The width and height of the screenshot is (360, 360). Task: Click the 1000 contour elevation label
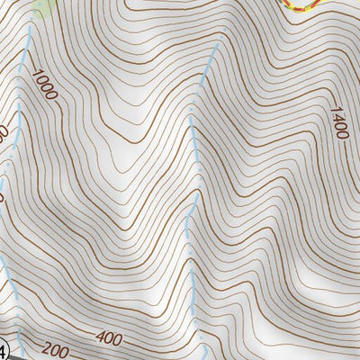[42, 91]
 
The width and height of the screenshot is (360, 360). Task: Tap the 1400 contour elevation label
[338, 122]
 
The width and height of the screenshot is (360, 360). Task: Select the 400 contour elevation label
[107, 339]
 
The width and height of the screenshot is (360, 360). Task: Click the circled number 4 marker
[3, 349]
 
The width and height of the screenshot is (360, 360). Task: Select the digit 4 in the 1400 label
[336, 116]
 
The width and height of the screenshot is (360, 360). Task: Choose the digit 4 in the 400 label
[98, 338]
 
